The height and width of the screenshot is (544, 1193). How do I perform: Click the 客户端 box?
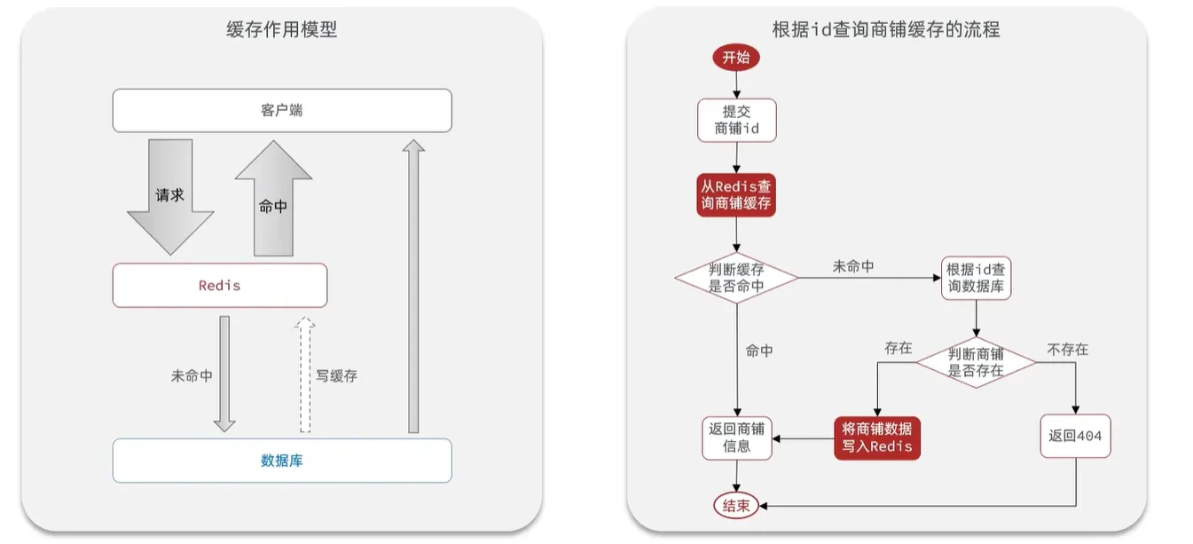(282, 110)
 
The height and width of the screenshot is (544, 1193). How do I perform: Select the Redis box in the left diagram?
(220, 285)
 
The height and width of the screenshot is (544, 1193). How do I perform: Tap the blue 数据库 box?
(282, 461)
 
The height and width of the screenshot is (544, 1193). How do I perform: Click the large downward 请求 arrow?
(170, 197)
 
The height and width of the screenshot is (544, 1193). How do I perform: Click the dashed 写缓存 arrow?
(305, 374)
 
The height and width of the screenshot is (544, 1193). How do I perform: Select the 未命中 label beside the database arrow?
(192, 376)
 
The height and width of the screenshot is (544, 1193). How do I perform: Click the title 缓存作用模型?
(282, 29)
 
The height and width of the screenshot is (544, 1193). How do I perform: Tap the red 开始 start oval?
(736, 57)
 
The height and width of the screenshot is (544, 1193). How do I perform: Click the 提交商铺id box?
(736, 120)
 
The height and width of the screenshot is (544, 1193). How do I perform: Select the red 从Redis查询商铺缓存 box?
(736, 194)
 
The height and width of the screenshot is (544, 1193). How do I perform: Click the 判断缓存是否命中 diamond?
(736, 278)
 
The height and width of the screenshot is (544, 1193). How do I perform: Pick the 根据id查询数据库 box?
(976, 278)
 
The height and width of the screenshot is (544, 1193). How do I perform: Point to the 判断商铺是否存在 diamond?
(976, 362)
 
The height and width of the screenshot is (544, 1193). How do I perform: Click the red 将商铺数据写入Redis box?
(877, 438)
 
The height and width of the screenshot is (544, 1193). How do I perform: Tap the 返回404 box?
(1075, 436)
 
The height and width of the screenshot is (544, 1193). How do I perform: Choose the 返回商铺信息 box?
(736, 438)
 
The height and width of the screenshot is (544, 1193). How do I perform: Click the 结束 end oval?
(736, 506)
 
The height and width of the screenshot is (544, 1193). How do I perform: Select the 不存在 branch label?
(1068, 350)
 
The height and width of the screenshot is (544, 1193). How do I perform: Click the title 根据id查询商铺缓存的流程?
(886, 29)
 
